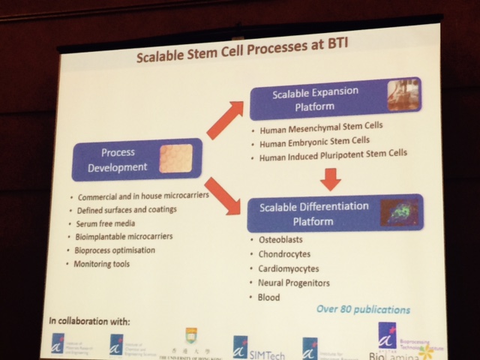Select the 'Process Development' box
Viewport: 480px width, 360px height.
(x=138, y=159)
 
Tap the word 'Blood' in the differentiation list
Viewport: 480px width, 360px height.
(x=268, y=298)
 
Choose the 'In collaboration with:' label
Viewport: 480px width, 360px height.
(x=89, y=322)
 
